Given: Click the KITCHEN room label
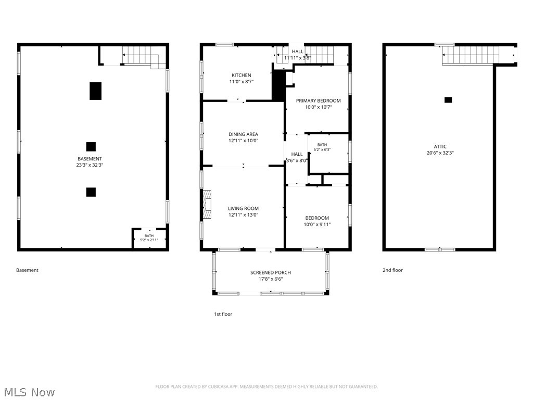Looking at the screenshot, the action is (x=242, y=75).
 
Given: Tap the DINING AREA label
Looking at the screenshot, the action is (x=243, y=134).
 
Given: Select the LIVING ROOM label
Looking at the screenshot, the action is (x=243, y=208).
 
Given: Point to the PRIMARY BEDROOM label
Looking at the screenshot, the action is (x=318, y=101).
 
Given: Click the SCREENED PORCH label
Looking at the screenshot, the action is (x=271, y=272).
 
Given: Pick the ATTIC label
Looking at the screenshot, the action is (x=440, y=146).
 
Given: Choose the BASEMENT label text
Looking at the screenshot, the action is (x=90, y=159).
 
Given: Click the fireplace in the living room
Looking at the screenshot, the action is (x=207, y=204).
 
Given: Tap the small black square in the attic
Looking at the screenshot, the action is (x=448, y=100).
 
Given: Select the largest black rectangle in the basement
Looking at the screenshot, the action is (x=96, y=91).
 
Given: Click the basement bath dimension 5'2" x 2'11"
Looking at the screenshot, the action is (x=149, y=240).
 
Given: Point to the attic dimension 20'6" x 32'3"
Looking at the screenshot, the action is (x=440, y=153).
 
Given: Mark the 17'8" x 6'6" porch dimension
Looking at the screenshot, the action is (x=271, y=279).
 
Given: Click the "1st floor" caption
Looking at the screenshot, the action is (x=223, y=314).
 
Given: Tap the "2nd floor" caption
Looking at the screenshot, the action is (x=392, y=270).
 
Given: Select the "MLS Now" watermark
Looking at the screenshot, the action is (x=29, y=392).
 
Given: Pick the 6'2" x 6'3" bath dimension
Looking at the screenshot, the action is (x=322, y=149).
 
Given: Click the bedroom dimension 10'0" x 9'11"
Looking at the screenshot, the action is (x=317, y=224).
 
